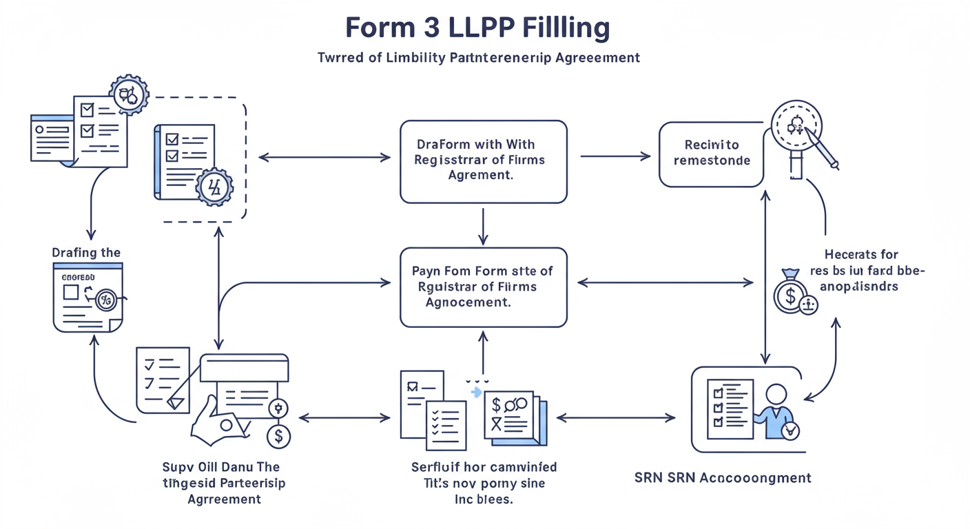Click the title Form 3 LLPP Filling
pos(477,28)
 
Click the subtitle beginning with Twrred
pos(479,58)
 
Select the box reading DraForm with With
pos(483,162)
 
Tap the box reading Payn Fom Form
pos(483,287)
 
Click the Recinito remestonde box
pos(711,154)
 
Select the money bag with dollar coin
pos(790,292)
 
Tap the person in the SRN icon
pos(776,410)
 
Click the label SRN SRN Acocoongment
pos(722,477)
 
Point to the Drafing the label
pos(86,253)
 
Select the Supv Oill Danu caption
pos(225,483)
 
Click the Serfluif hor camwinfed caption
pos(484,483)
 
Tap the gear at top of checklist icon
pos(129,94)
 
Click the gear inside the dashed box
pos(214,187)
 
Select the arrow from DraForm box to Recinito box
pos(615,156)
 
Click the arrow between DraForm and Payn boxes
pos(483,225)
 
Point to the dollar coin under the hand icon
pos(278,435)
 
